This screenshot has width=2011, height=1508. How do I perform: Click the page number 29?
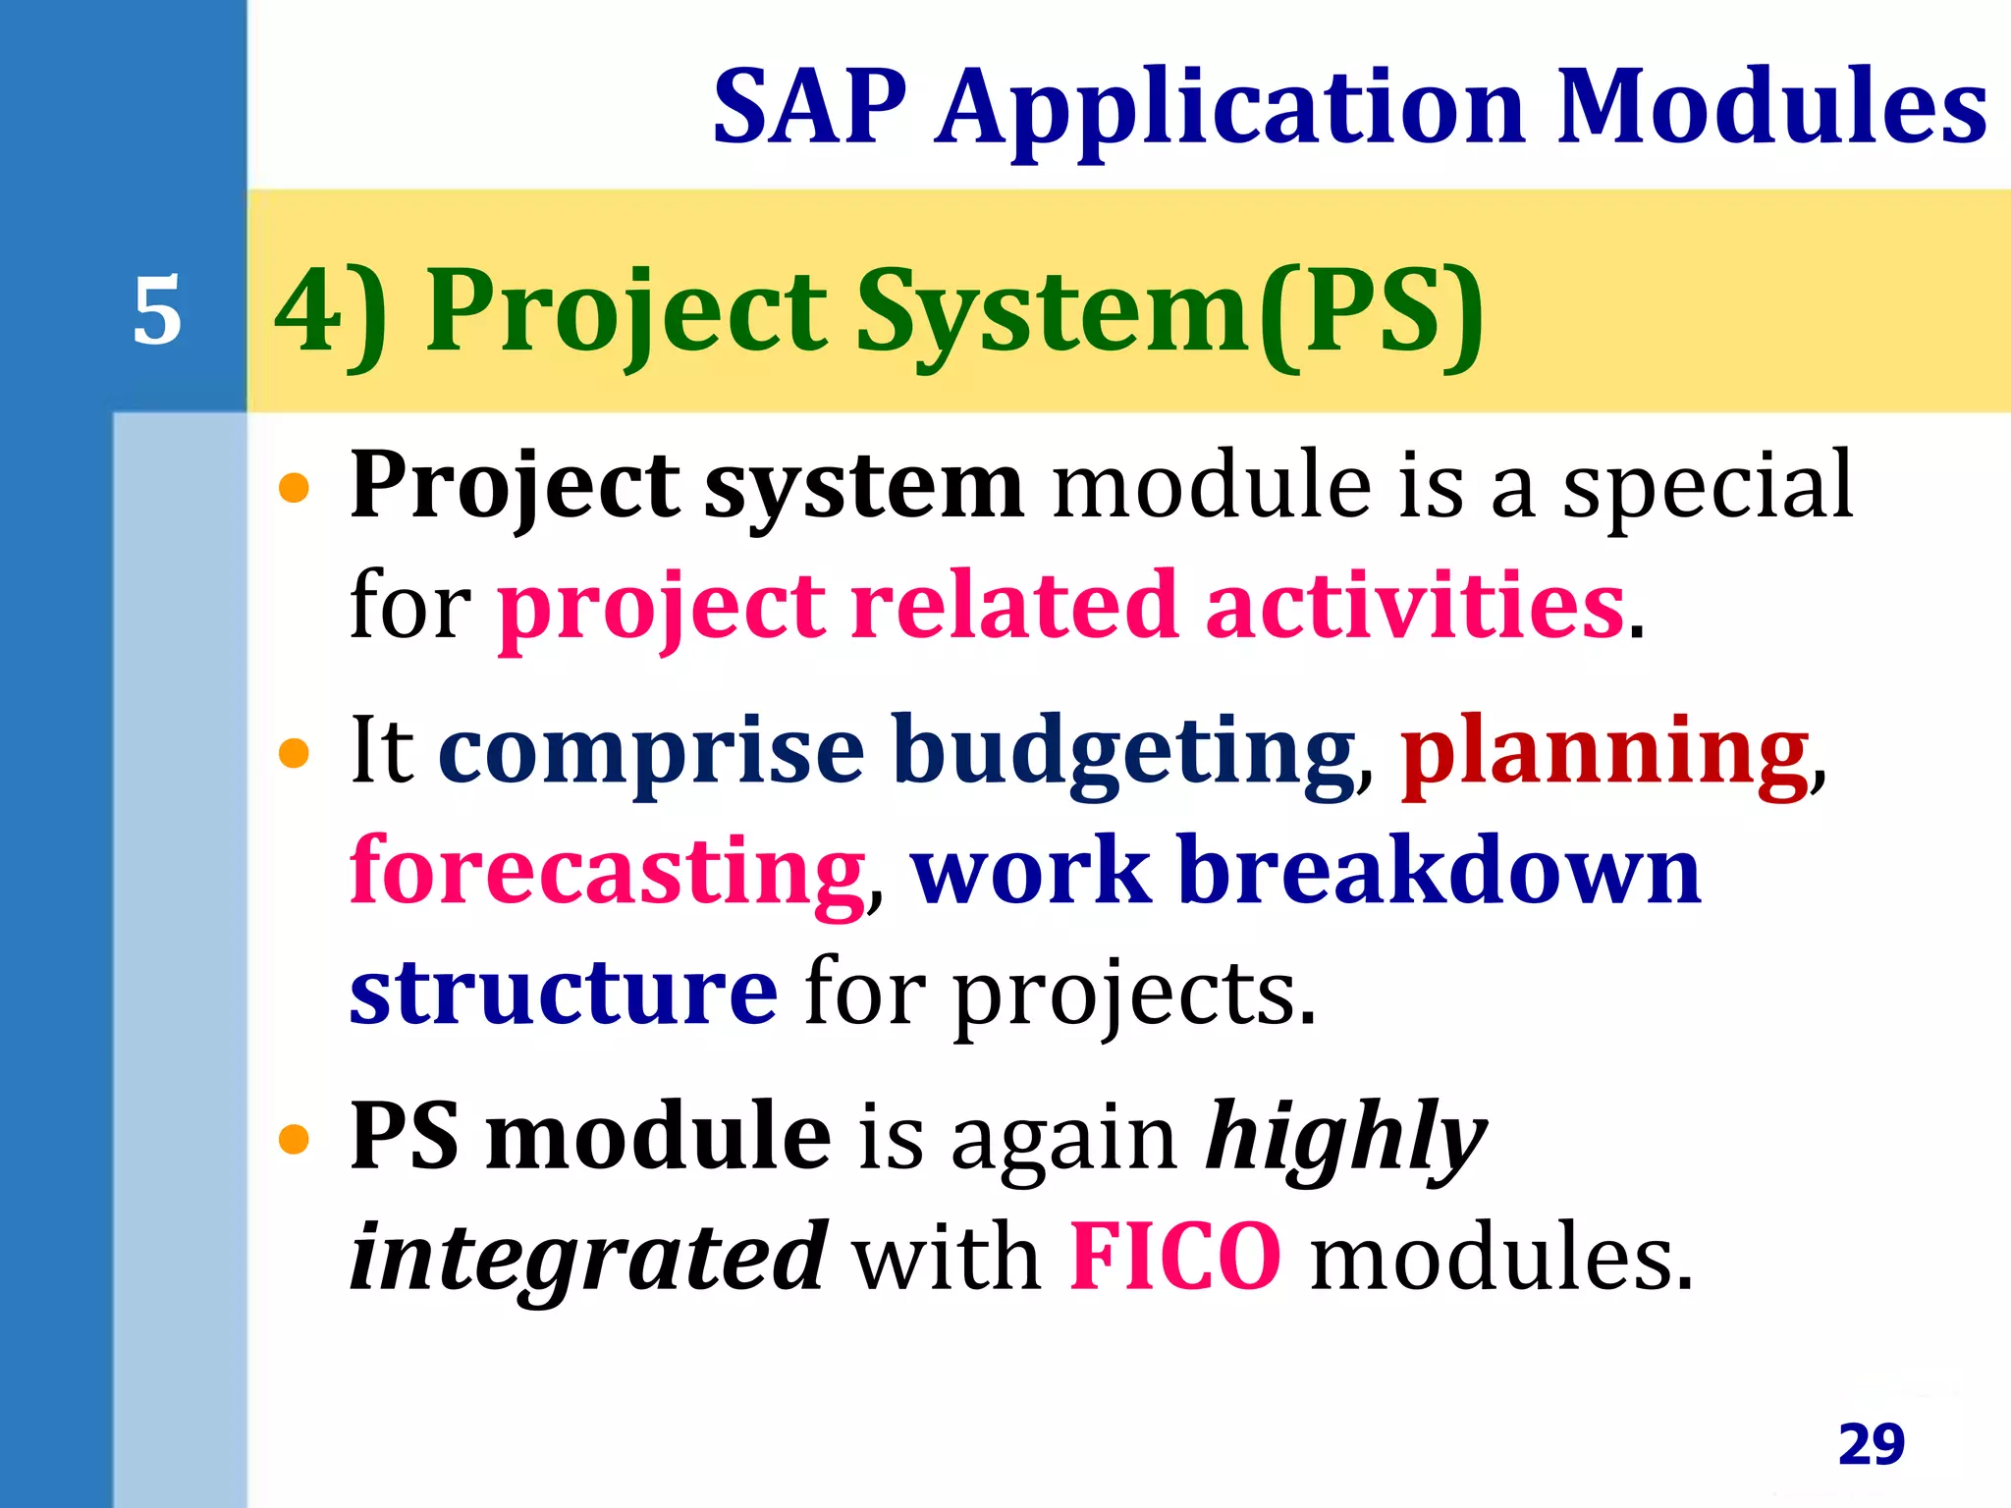[x=1871, y=1444]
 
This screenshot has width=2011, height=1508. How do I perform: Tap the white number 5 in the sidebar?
[x=157, y=310]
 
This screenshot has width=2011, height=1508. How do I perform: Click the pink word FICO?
[x=1175, y=1256]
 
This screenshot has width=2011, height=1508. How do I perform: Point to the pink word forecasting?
[x=608, y=871]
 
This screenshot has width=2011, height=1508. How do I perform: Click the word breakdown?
[x=1439, y=871]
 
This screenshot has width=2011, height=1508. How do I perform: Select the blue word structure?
[x=564, y=992]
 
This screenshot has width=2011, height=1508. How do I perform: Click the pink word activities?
[x=1414, y=606]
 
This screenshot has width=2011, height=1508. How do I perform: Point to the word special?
[x=1707, y=487]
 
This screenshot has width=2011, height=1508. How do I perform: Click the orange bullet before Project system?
[x=294, y=487]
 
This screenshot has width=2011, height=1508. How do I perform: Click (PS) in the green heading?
[x=1371, y=312]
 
